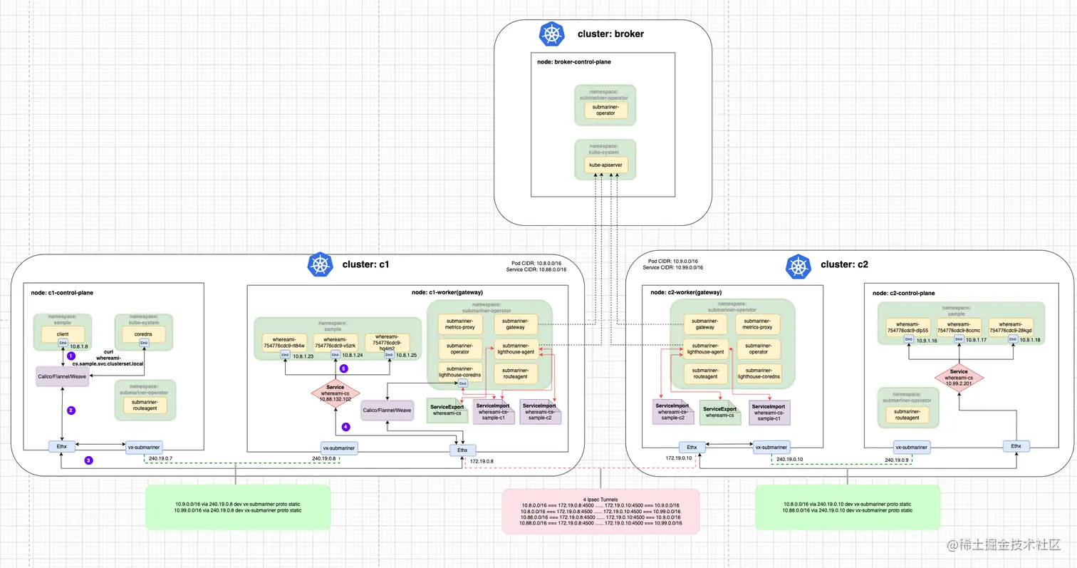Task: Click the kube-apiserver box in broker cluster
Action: pyautogui.click(x=605, y=165)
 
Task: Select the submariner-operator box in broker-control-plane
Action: pyautogui.click(x=605, y=109)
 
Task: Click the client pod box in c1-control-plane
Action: pyautogui.click(x=62, y=334)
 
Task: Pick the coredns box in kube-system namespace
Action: pyautogui.click(x=143, y=334)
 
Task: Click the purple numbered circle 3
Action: pyautogui.click(x=88, y=460)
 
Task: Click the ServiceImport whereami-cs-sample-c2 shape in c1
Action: pyautogui.click(x=540, y=411)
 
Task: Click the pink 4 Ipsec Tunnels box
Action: pyautogui.click(x=600, y=511)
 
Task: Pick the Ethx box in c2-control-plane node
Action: pyautogui.click(x=1016, y=446)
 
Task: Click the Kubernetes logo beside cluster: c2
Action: pyautogui.click(x=798, y=265)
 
